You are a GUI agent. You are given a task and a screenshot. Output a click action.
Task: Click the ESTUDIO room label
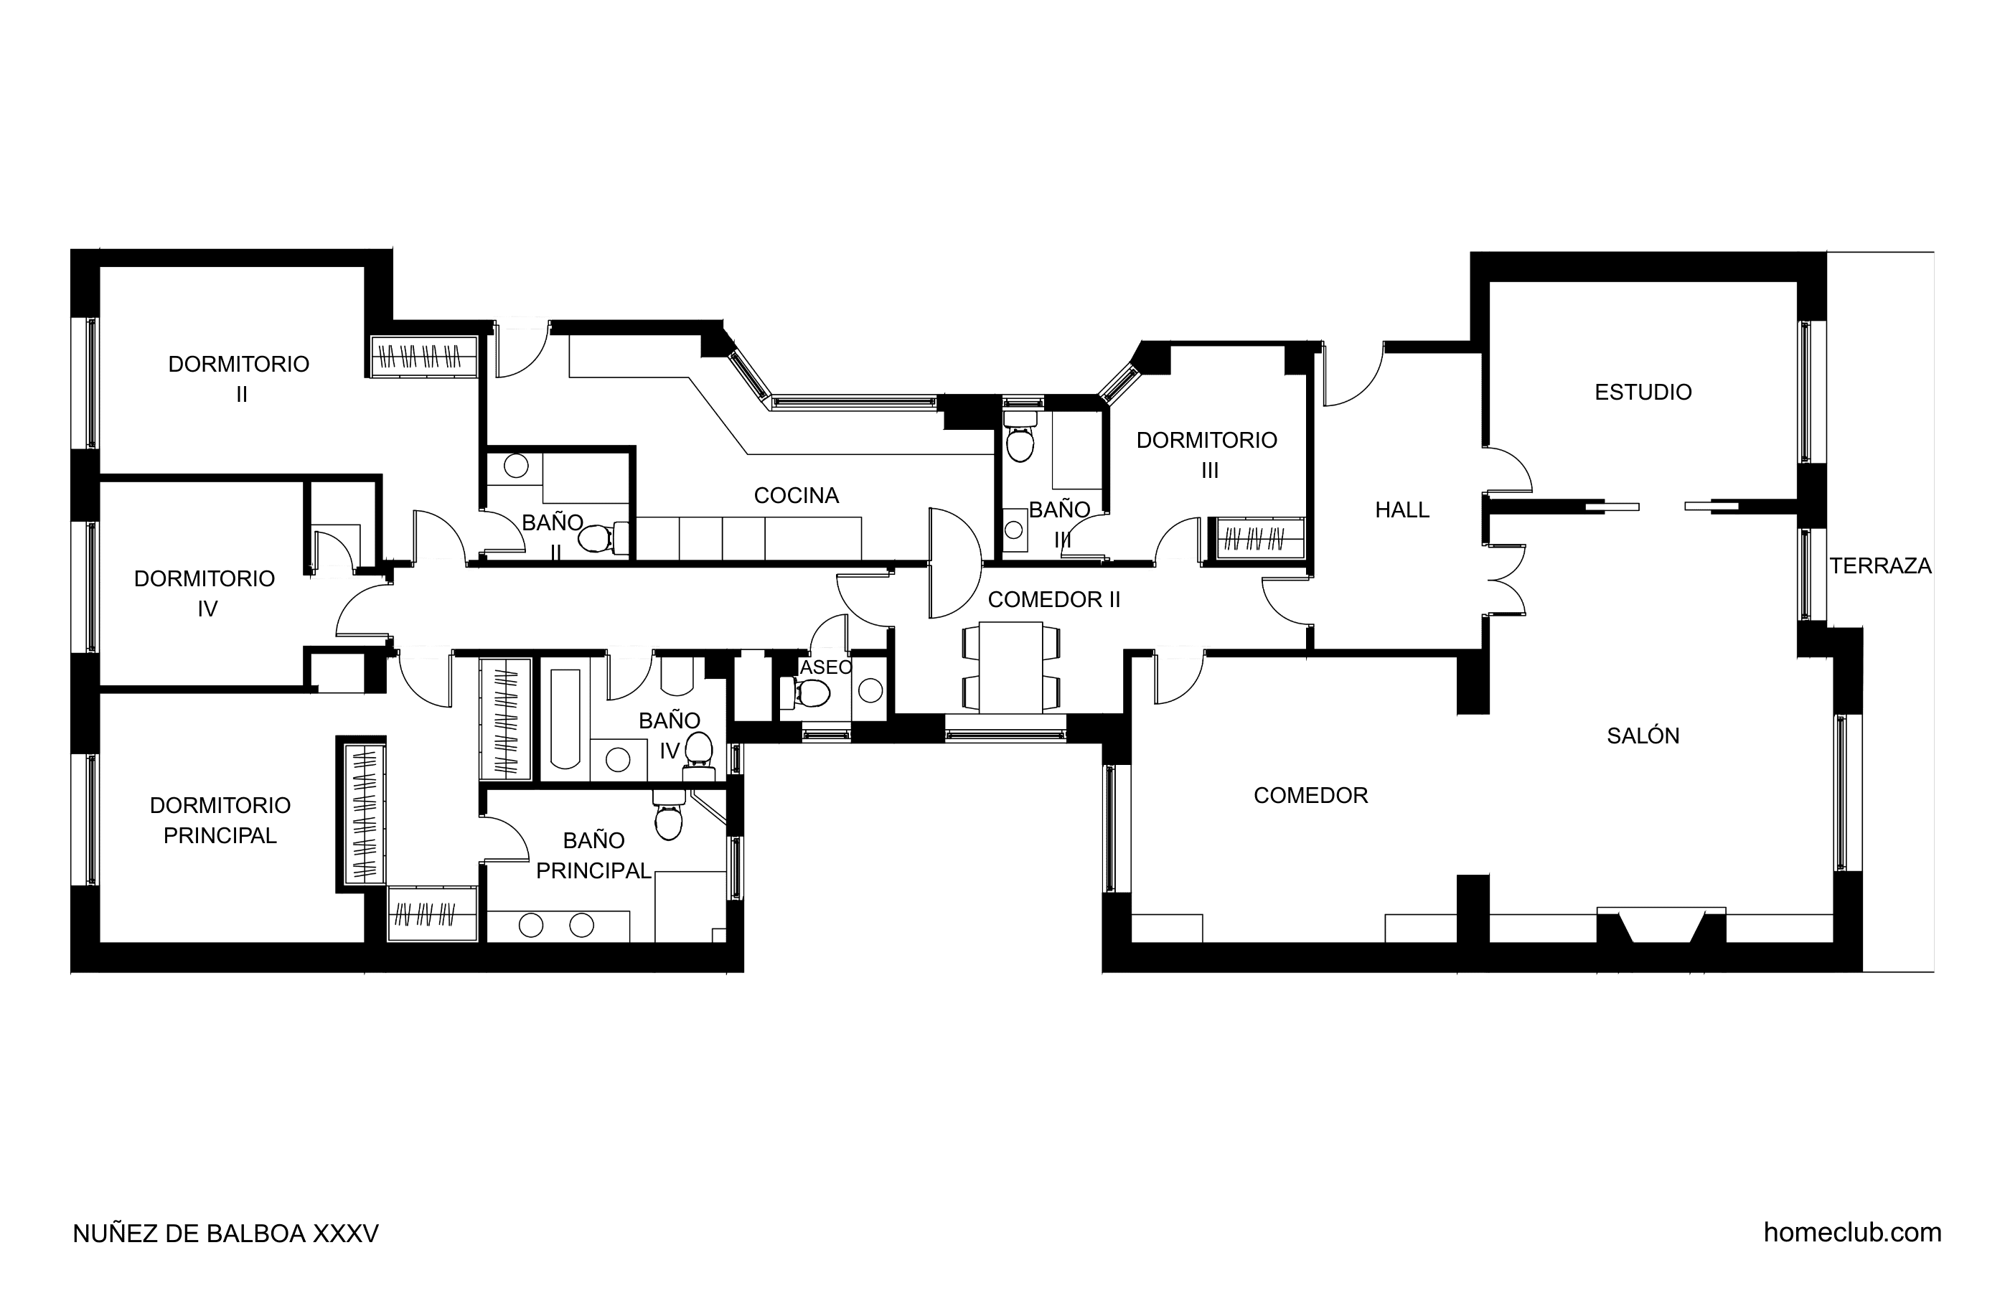(x=1643, y=392)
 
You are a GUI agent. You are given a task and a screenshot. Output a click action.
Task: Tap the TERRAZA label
(x=1880, y=565)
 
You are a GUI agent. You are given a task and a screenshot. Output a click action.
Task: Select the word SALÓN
(x=1643, y=736)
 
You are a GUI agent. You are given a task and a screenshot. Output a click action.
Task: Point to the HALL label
(x=1401, y=509)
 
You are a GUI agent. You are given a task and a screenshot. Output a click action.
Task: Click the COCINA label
(x=796, y=495)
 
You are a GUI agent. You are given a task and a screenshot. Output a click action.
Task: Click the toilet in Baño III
(x=1020, y=436)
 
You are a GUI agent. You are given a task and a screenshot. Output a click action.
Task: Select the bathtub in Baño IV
(x=565, y=719)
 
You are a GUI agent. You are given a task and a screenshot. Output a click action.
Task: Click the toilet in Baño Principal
(x=668, y=814)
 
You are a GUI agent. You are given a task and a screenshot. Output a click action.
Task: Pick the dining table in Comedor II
(x=1011, y=667)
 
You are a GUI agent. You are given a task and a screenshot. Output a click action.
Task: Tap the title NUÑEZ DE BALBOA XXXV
(x=226, y=1234)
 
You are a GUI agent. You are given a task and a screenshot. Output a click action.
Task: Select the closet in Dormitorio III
(x=1255, y=537)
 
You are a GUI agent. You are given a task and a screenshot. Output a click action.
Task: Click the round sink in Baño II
(x=515, y=465)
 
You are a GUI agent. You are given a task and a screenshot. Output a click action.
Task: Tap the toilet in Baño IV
(x=698, y=753)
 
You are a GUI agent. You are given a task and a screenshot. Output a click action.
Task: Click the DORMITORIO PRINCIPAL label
(x=220, y=819)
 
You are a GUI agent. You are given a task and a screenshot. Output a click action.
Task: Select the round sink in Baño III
(x=1013, y=530)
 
